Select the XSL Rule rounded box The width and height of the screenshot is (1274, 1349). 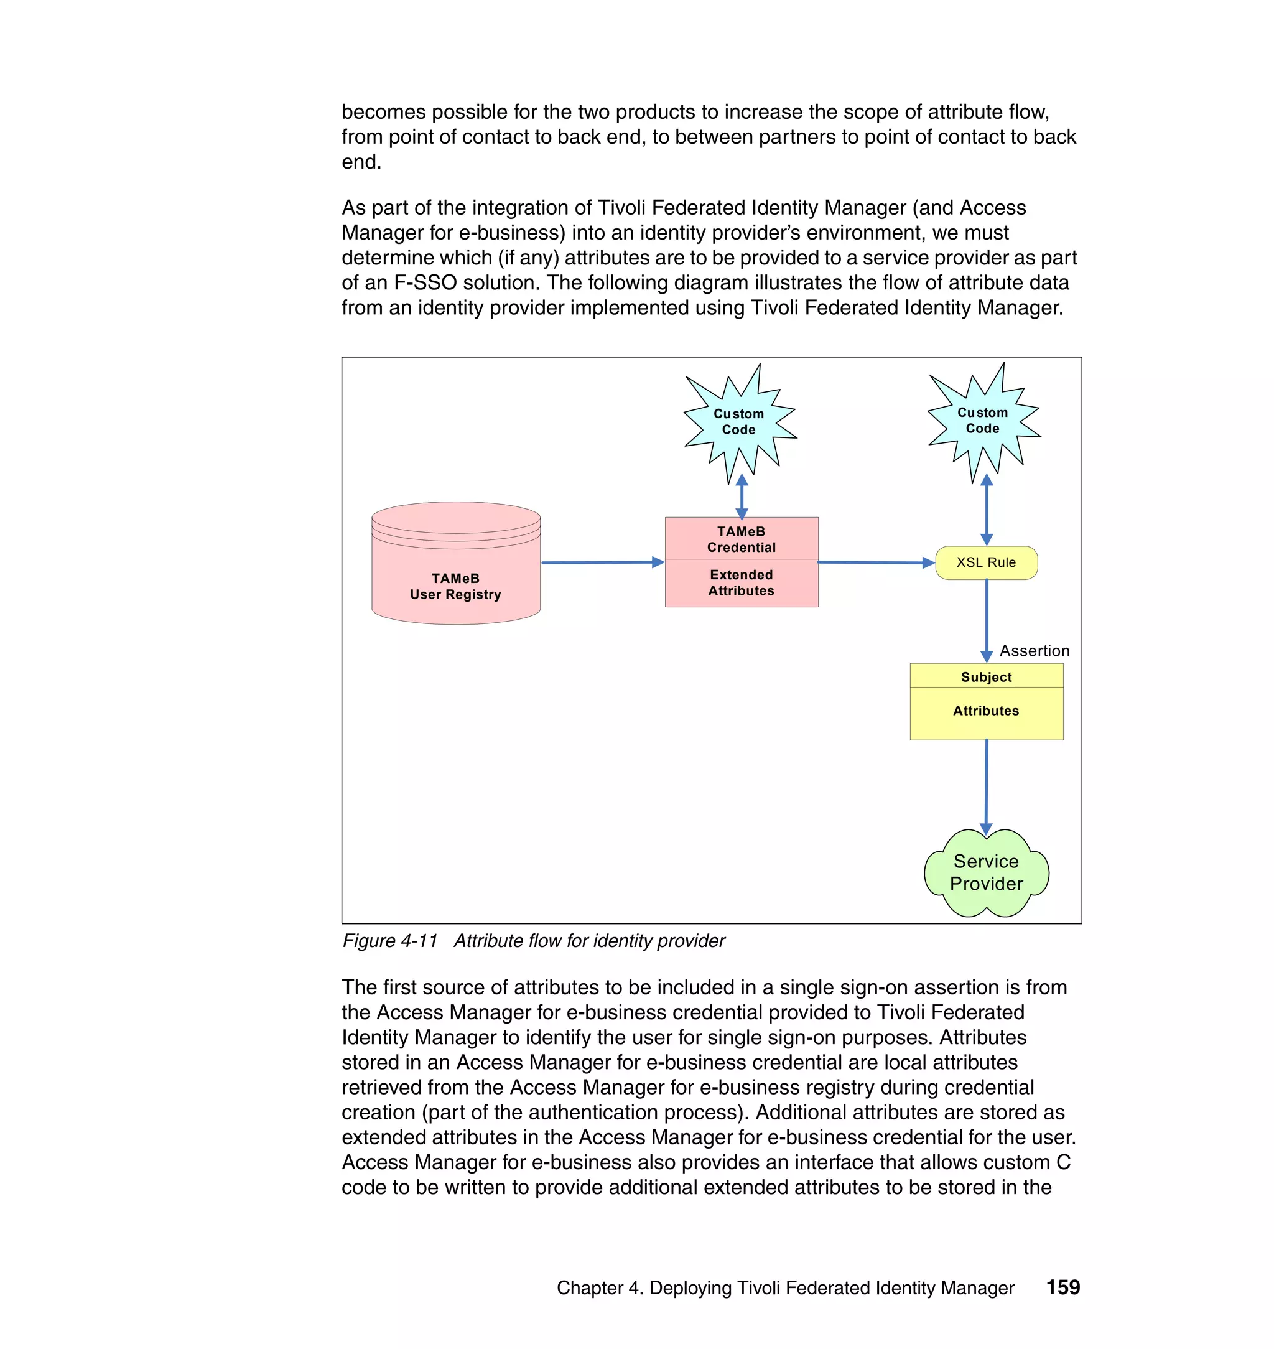click(986, 562)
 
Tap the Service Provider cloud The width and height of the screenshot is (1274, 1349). click(986, 873)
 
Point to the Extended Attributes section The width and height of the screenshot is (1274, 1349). click(741, 583)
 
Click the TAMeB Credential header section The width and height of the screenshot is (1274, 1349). click(741, 539)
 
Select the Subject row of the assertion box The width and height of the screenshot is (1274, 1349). click(986, 676)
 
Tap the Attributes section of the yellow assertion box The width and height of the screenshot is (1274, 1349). click(986, 712)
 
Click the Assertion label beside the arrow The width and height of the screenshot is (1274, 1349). click(1034, 651)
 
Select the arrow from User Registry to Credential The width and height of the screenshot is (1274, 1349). click(602, 562)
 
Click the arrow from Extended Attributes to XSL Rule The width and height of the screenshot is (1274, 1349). click(876, 562)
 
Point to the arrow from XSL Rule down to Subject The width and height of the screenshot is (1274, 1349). click(987, 620)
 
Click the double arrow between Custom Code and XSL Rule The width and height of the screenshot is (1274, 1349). click(987, 510)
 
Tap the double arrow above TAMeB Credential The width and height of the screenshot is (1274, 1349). click(742, 497)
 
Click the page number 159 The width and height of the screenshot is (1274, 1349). click(1062, 1287)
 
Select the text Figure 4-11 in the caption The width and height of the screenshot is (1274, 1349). click(390, 941)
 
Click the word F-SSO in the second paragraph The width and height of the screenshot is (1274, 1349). click(424, 282)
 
